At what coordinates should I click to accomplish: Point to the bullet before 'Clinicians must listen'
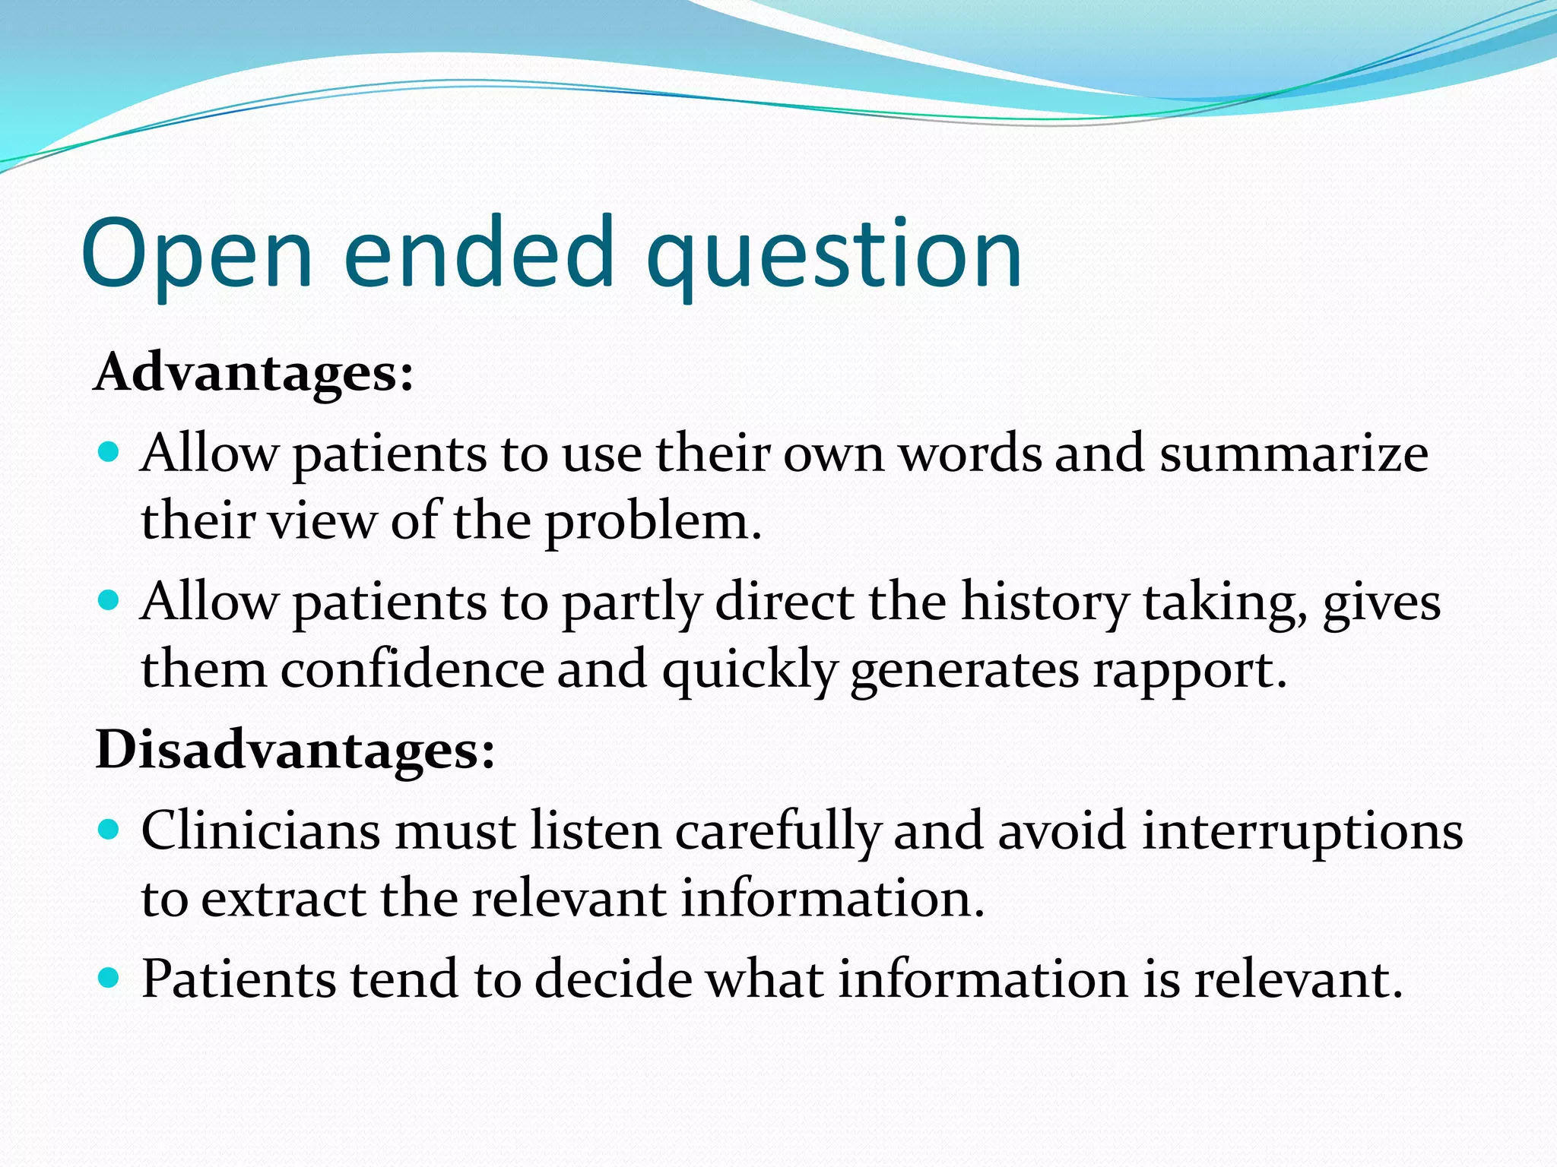click(109, 829)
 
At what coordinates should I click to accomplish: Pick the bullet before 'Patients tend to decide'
click(109, 977)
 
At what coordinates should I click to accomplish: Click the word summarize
click(1293, 454)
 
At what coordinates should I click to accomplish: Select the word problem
click(652, 523)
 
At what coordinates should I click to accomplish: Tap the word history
click(1045, 603)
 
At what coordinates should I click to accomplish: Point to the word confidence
click(412, 670)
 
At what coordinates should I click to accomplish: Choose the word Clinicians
click(260, 830)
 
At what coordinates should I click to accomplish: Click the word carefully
click(777, 831)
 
